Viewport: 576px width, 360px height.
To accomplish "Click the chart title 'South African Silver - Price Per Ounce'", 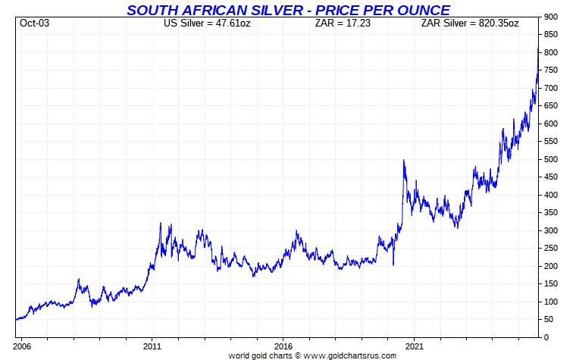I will (288, 10).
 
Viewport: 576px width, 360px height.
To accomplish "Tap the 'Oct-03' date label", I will (33, 23).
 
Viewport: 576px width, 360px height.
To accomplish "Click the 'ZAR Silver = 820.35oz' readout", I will (470, 23).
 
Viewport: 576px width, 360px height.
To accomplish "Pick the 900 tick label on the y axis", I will (551, 17).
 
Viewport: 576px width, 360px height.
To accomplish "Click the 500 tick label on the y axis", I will (551, 159).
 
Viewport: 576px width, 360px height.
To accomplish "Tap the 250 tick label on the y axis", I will (551, 249).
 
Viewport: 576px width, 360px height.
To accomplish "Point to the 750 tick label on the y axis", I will (551, 70).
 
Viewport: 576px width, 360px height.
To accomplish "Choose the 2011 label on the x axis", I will (152, 345).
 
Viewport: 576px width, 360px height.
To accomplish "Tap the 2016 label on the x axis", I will (283, 345).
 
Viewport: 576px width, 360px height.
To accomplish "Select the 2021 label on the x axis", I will (415, 345).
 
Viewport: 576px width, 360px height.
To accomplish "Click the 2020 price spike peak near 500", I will (403, 160).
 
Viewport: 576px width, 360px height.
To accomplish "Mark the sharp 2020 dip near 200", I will (393, 265).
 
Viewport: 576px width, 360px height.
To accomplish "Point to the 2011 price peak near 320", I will (160, 224).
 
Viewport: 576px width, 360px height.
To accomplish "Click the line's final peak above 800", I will (538, 48).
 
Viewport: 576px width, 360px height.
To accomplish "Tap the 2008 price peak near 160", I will (79, 280).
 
